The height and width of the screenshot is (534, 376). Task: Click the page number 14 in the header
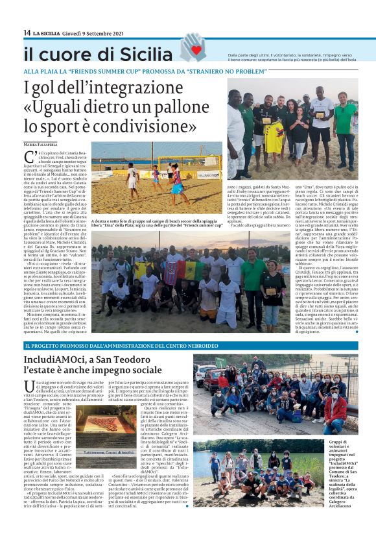27,33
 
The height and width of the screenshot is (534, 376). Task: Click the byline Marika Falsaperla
41,144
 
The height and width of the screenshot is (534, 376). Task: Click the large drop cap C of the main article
29,156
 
